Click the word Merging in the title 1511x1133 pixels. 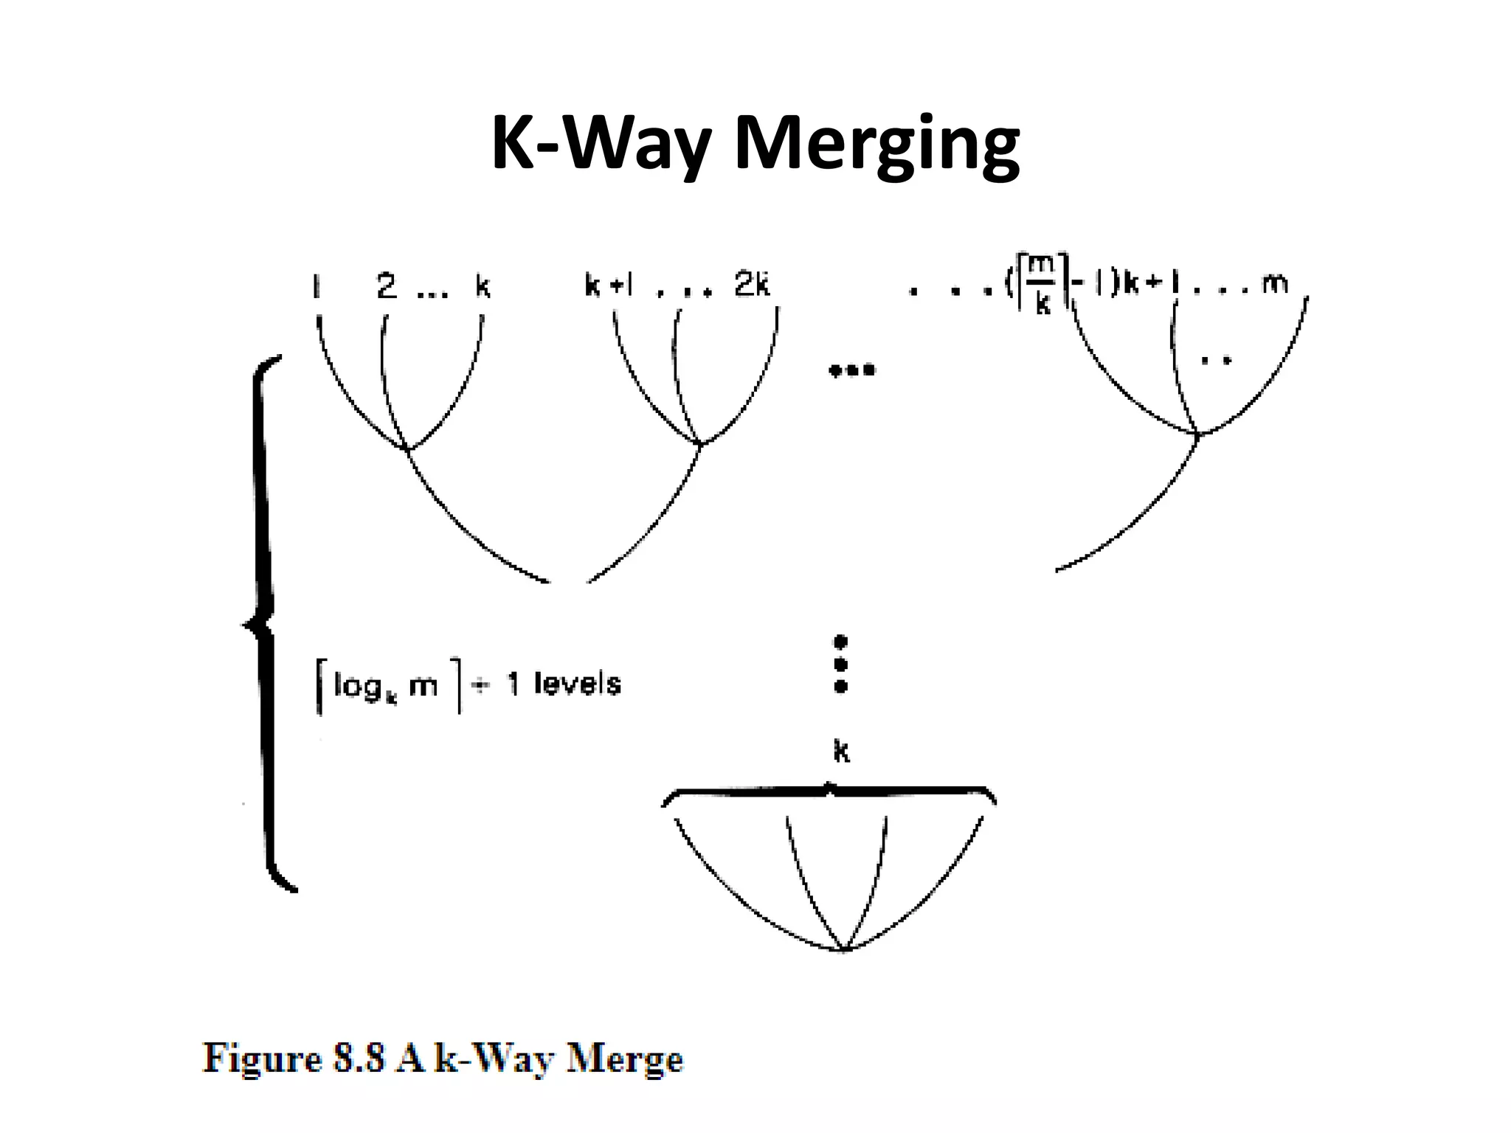[877, 144]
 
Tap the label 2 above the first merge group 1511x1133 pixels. [387, 285]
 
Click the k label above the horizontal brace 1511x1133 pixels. [841, 752]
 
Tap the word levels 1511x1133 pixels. [577, 685]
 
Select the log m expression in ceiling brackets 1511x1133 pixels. [387, 686]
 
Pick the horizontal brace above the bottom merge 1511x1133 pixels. [829, 794]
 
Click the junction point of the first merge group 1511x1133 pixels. [407, 447]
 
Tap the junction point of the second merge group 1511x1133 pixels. [699, 443]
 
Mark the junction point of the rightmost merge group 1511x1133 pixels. [1197, 434]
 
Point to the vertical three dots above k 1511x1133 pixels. [840, 664]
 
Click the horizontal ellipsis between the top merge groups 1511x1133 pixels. [852, 370]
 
